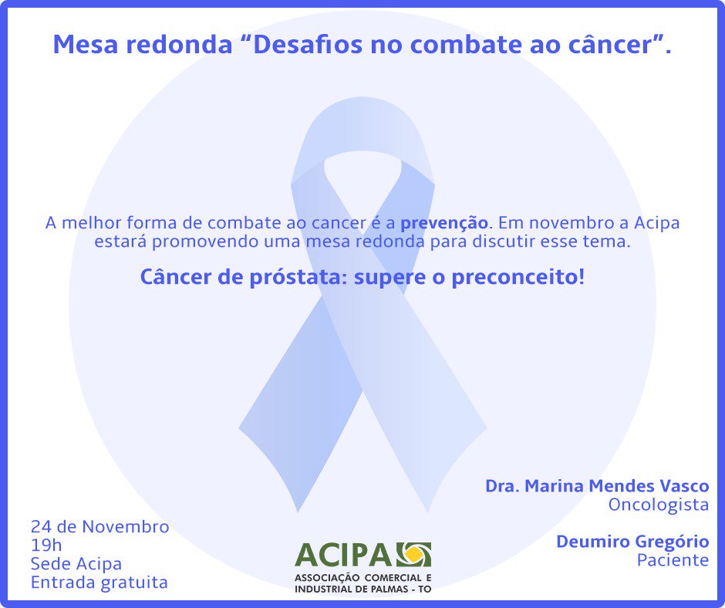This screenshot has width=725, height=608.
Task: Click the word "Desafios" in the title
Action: pyautogui.click(x=300, y=46)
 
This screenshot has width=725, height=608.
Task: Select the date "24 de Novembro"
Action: pyautogui.click(x=99, y=527)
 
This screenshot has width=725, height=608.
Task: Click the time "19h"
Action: pyautogui.click(x=46, y=546)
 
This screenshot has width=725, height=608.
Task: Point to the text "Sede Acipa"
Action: pyautogui.click(x=76, y=564)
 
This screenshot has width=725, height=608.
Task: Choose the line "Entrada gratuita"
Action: pyautogui.click(x=99, y=582)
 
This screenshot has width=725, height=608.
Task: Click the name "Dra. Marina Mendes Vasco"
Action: pyautogui.click(x=596, y=486)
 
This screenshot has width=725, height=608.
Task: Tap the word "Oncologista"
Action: pyautogui.click(x=658, y=505)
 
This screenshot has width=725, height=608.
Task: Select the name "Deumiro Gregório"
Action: pyautogui.click(x=632, y=542)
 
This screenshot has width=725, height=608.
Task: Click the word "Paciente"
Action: pyautogui.click(x=673, y=560)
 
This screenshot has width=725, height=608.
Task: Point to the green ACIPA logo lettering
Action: pyautogui.click(x=344, y=555)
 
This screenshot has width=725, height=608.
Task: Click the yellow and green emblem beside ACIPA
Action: pyautogui.click(x=413, y=555)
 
